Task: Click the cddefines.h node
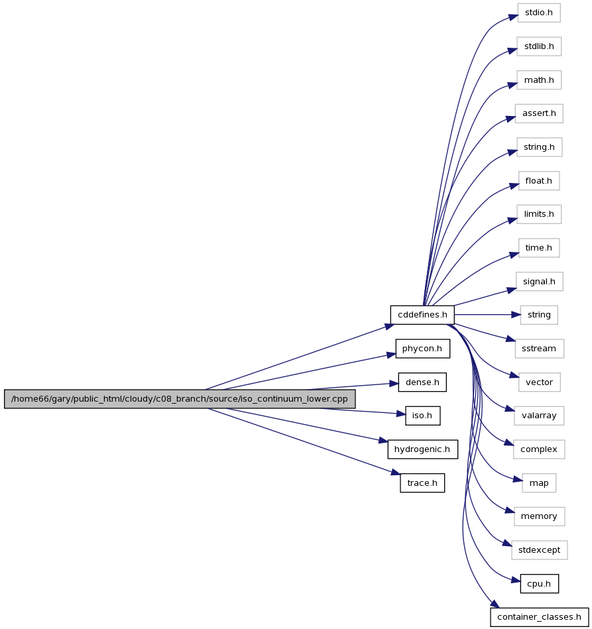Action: (422, 315)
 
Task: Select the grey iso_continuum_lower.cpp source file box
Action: (180, 399)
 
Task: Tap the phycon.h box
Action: (423, 349)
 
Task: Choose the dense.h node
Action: (422, 382)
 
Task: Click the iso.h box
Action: (423, 416)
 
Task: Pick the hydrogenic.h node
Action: (423, 449)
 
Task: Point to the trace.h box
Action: (422, 483)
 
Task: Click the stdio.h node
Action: (539, 13)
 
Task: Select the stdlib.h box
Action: (539, 46)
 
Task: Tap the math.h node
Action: (539, 80)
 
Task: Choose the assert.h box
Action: (539, 113)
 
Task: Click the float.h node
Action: (539, 181)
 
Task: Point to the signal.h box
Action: (539, 282)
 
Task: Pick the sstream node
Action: (539, 349)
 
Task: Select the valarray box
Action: (539, 416)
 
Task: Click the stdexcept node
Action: (539, 550)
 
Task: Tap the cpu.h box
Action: (539, 584)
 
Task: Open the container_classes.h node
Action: (539, 617)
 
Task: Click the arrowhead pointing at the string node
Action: (516, 315)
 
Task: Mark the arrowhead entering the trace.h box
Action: (396, 473)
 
